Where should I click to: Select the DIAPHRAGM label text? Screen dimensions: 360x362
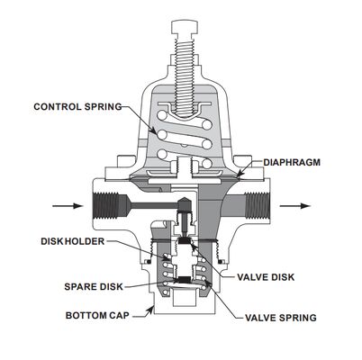[x=293, y=163]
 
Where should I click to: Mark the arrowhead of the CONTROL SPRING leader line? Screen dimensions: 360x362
[x=159, y=132]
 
